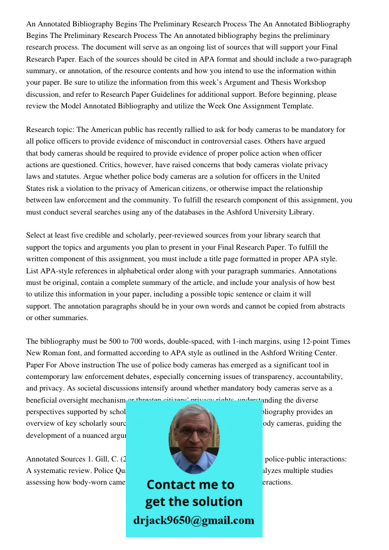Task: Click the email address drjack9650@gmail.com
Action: coord(193,520)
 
